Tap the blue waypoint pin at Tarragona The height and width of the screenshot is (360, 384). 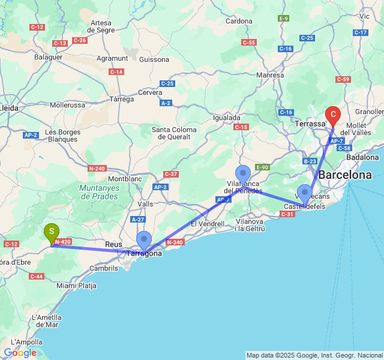(x=144, y=240)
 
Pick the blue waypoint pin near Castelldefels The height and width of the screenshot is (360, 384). (x=305, y=194)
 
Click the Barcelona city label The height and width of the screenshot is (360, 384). (x=345, y=175)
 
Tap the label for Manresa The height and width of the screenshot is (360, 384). (x=270, y=75)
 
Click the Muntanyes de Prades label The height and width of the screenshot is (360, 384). (x=100, y=192)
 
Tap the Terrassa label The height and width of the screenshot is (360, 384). (x=310, y=122)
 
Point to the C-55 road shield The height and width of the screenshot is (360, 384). (x=249, y=42)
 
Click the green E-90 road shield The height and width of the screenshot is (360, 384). (x=262, y=167)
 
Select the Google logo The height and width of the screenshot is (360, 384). (x=20, y=353)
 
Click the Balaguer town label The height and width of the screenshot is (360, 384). (x=48, y=57)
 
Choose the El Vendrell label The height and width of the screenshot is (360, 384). (x=207, y=224)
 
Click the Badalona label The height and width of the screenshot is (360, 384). (x=363, y=157)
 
